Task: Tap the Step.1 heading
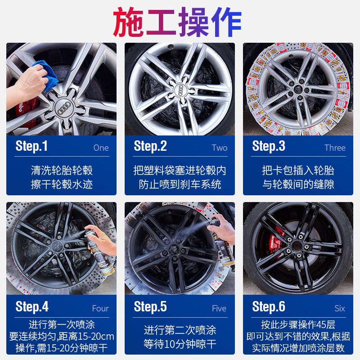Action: tap(31, 146)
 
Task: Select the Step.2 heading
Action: tap(150, 146)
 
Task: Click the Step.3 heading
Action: tap(269, 146)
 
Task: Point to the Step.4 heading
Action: tap(32, 307)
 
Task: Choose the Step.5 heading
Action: tap(150, 307)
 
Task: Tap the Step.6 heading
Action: tap(269, 307)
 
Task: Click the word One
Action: tap(101, 148)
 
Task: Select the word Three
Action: tap(335, 148)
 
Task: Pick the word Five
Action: tap(219, 309)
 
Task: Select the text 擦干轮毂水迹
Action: tap(62, 184)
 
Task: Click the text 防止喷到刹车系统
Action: tap(180, 184)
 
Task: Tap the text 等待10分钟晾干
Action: tap(180, 345)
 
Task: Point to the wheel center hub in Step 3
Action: tap(297, 89)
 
